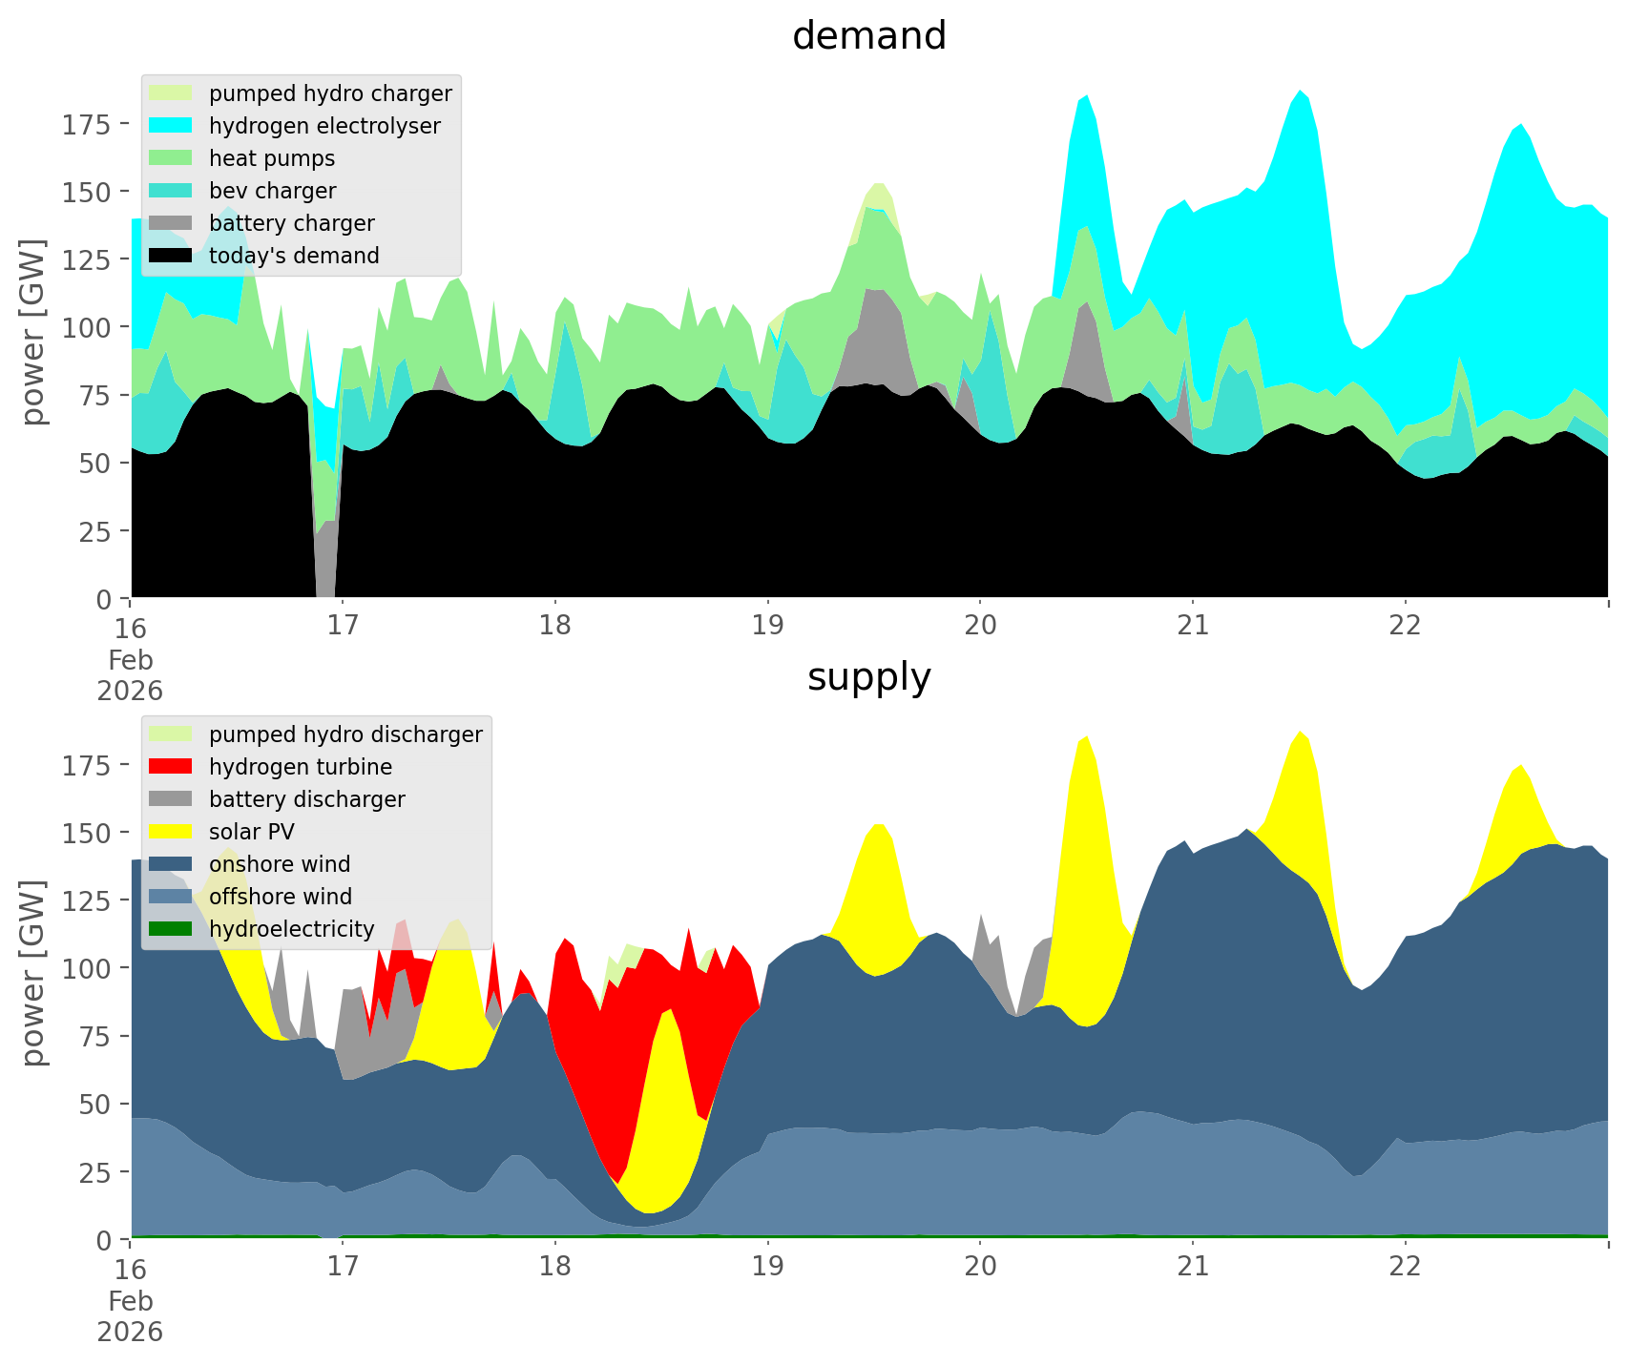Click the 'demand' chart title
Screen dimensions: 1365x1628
[868, 36]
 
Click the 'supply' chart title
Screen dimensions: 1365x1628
[868, 677]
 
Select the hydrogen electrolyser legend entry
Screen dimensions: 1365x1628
[324, 126]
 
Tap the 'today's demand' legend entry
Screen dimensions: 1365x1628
[294, 256]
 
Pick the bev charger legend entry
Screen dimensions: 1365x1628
[272, 191]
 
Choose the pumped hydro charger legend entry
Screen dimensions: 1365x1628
[330, 93]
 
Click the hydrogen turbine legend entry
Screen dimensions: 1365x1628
[300, 767]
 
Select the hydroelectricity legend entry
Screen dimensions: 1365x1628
[291, 929]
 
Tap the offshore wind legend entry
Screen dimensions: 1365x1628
[280, 897]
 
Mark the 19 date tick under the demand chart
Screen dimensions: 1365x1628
[767, 626]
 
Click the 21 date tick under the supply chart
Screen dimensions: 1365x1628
[1193, 1267]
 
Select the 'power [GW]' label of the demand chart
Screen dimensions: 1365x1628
[33, 332]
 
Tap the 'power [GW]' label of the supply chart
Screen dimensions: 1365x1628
[33, 973]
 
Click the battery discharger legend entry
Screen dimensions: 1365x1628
[306, 799]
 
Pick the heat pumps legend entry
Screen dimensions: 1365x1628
[272, 158]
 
